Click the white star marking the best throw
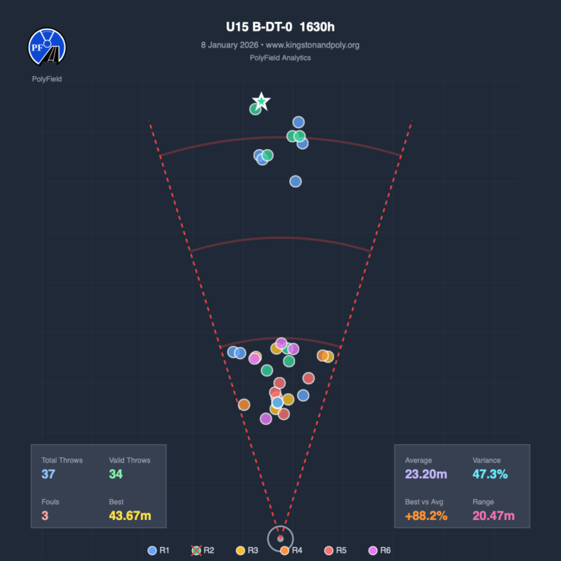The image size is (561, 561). [x=261, y=102]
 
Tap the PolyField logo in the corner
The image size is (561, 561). [x=47, y=47]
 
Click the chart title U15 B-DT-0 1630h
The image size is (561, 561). [x=280, y=28]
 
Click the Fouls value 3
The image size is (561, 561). [x=45, y=516]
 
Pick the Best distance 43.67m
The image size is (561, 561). [x=130, y=516]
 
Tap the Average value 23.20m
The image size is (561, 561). [x=426, y=475]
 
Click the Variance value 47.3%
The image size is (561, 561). [x=490, y=475]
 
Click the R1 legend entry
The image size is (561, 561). [x=159, y=550]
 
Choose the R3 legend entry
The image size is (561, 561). [x=246, y=550]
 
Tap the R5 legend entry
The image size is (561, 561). [x=334, y=550]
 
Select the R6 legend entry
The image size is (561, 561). [x=378, y=550]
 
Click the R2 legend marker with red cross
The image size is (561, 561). [x=196, y=550]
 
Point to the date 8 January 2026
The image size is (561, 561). [x=228, y=45]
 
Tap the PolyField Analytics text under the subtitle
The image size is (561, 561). [x=280, y=58]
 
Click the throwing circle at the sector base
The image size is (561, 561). [x=280, y=539]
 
